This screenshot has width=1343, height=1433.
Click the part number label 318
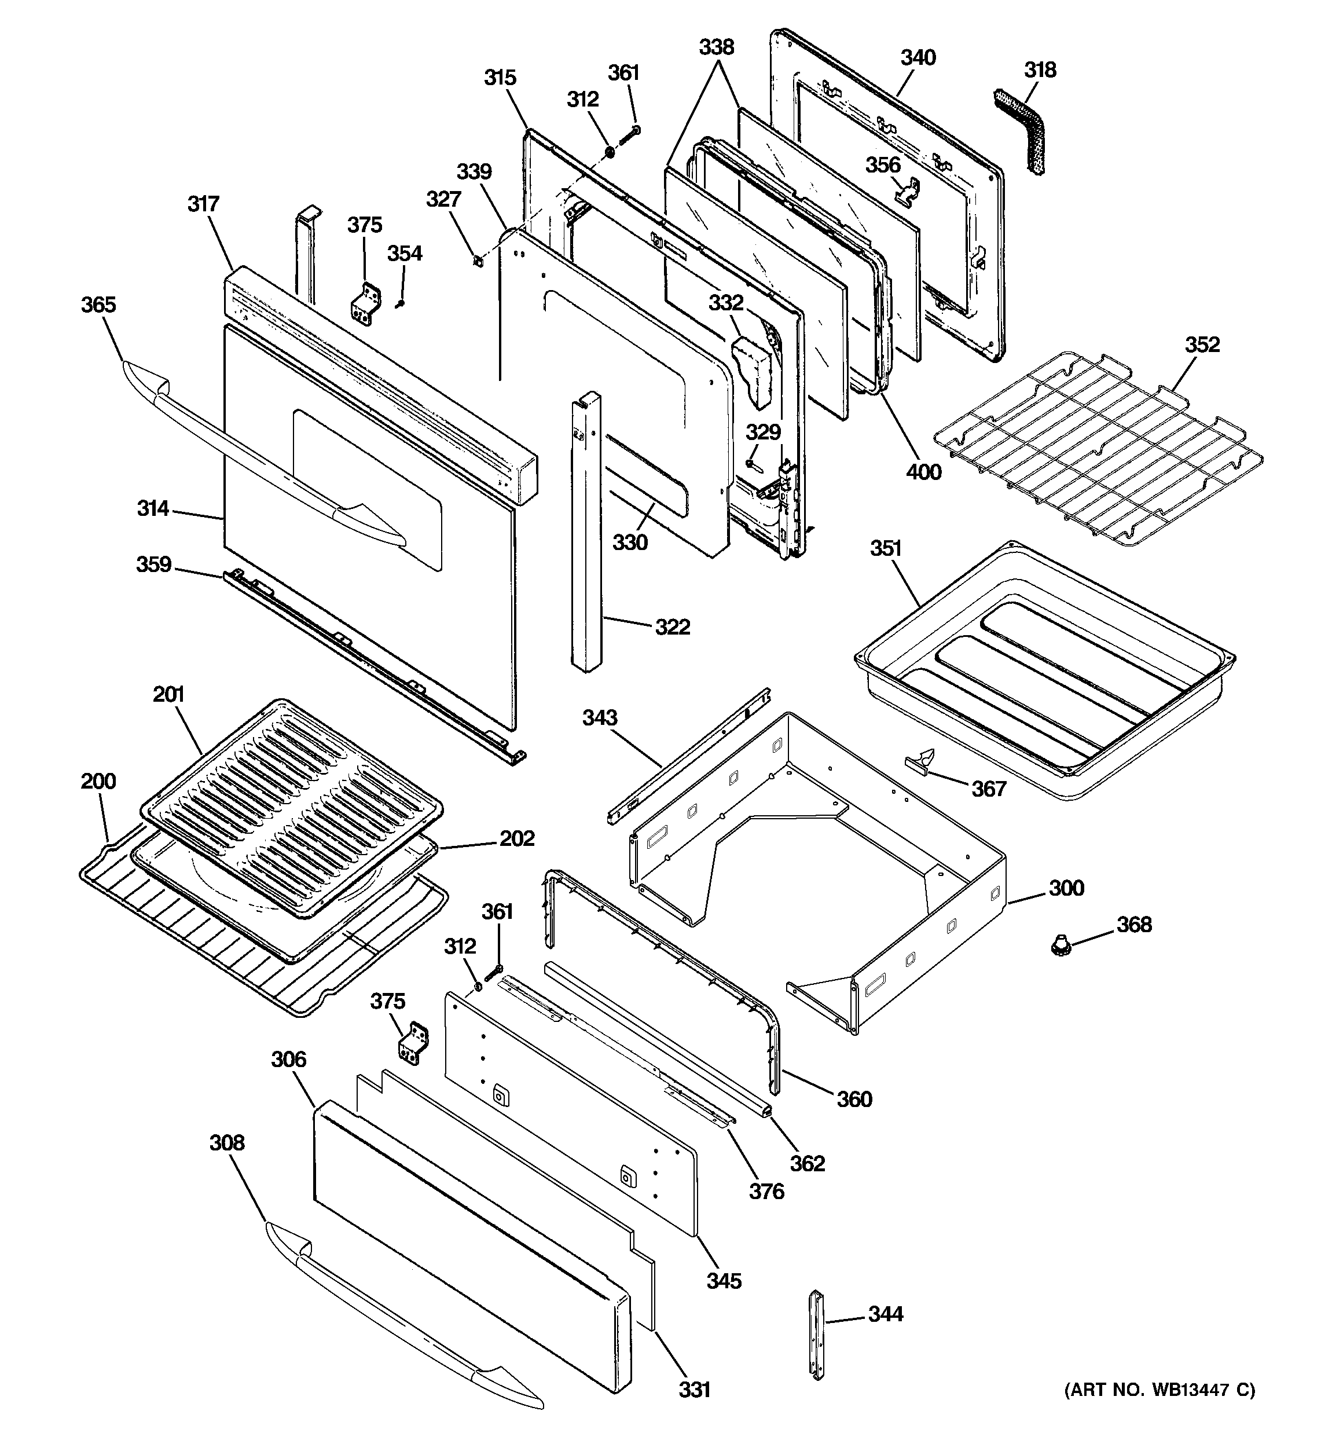pos(1040,70)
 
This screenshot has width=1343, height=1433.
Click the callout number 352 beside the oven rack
pos(1202,344)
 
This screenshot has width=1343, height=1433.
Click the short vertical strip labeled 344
pos(817,1333)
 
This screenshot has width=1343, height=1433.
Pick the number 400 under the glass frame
pos(923,471)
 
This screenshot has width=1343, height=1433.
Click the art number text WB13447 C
pos(1160,1390)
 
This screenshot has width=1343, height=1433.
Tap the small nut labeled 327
pos(477,260)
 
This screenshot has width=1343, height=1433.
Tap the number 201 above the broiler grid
pos(168,694)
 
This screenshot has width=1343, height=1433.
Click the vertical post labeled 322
pos(587,533)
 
